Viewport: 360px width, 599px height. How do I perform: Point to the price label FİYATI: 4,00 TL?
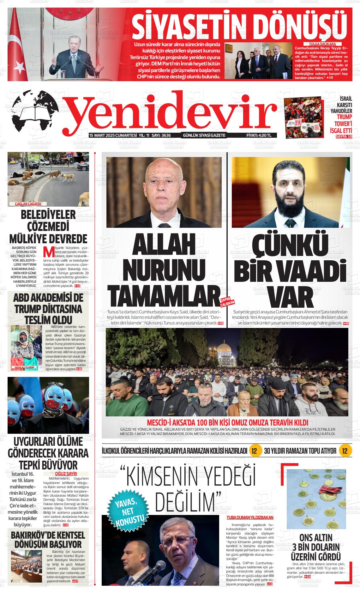pyautogui.click(x=259, y=136)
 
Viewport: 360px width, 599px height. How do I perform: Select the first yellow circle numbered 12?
pyautogui.click(x=255, y=451)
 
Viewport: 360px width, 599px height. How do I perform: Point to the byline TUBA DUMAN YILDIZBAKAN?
pyautogui.click(x=250, y=517)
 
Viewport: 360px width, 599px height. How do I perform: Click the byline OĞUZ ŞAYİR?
pyautogui.click(x=66, y=474)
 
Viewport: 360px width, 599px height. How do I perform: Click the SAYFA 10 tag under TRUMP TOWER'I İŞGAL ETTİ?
pyautogui.click(x=344, y=136)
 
